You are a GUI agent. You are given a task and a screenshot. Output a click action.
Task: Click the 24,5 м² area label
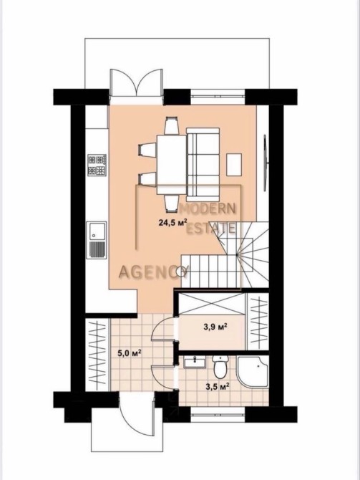pyautogui.click(x=172, y=222)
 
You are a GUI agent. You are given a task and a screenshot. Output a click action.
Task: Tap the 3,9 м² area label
pyautogui.click(x=215, y=327)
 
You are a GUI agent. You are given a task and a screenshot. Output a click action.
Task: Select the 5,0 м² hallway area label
pyautogui.click(x=130, y=353)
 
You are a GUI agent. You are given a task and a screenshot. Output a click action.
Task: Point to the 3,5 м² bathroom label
pyautogui.click(x=218, y=387)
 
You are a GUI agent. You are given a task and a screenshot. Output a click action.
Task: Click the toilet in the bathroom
pyautogui.click(x=220, y=367)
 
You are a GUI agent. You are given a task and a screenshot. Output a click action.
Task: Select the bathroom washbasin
pyautogui.click(x=195, y=362)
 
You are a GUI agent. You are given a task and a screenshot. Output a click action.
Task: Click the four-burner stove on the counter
pyautogui.click(x=97, y=165)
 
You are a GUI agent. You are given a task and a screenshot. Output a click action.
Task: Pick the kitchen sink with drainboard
pyautogui.click(x=97, y=240)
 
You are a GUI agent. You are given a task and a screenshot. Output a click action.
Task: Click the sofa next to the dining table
pyautogui.click(x=203, y=162)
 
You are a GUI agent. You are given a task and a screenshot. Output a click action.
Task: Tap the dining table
pyautogui.click(x=171, y=165)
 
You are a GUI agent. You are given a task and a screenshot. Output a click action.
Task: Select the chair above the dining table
pyautogui.click(x=171, y=125)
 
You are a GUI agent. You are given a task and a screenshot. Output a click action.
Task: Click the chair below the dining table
pyautogui.click(x=171, y=203)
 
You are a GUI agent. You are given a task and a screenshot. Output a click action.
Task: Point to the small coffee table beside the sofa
pyautogui.click(x=234, y=165)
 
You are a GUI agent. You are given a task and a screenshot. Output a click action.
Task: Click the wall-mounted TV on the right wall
pyautogui.click(x=266, y=163)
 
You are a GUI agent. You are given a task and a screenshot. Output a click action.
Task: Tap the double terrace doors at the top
pyautogui.click(x=136, y=82)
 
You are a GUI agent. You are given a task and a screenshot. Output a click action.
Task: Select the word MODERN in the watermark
pyautogui.click(x=208, y=208)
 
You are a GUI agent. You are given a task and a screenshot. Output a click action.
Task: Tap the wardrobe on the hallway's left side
pyautogui.click(x=97, y=355)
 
